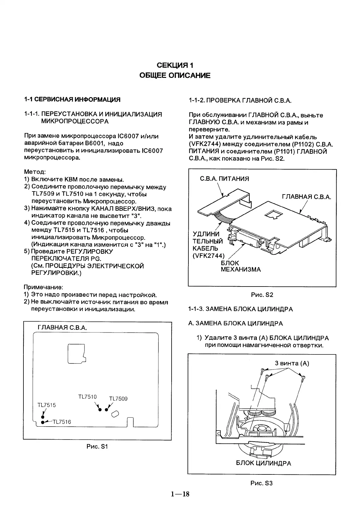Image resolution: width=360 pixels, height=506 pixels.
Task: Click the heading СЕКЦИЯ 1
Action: pos(175,65)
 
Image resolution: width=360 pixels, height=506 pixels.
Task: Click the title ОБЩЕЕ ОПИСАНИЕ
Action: pos(175,75)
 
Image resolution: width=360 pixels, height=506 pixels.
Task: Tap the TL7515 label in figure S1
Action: pos(47,405)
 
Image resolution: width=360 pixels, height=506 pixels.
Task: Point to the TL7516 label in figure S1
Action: pos(62,422)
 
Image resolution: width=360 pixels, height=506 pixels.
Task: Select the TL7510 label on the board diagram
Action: pos(87,397)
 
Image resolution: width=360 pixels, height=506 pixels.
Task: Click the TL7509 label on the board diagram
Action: pos(118,399)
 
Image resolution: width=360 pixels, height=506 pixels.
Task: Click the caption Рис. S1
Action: pos(97,446)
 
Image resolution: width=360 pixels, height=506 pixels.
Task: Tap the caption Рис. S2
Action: pos(262,295)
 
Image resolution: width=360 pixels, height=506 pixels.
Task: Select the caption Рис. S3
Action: pos(261,483)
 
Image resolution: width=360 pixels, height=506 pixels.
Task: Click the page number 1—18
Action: pos(180,494)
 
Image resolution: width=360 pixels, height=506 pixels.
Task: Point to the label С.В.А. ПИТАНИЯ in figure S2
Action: pos(224,179)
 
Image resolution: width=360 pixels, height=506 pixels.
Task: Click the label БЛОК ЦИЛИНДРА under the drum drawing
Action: pos(263,463)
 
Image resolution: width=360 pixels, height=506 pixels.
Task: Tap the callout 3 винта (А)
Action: pos(292,363)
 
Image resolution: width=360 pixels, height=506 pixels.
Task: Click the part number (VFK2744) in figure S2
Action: pos(209,256)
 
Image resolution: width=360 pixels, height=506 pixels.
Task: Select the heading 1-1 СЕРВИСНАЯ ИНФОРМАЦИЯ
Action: pos(72,100)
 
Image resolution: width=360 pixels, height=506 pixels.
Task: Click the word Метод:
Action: pos(35,172)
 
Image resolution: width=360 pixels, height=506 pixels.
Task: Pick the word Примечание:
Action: pos(43,287)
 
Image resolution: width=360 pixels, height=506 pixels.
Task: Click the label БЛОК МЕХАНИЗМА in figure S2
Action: pos(241,266)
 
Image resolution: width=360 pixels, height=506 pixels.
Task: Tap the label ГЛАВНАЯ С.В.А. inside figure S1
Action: pos(62,327)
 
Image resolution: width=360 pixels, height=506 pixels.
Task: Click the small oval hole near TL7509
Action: pos(115,414)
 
